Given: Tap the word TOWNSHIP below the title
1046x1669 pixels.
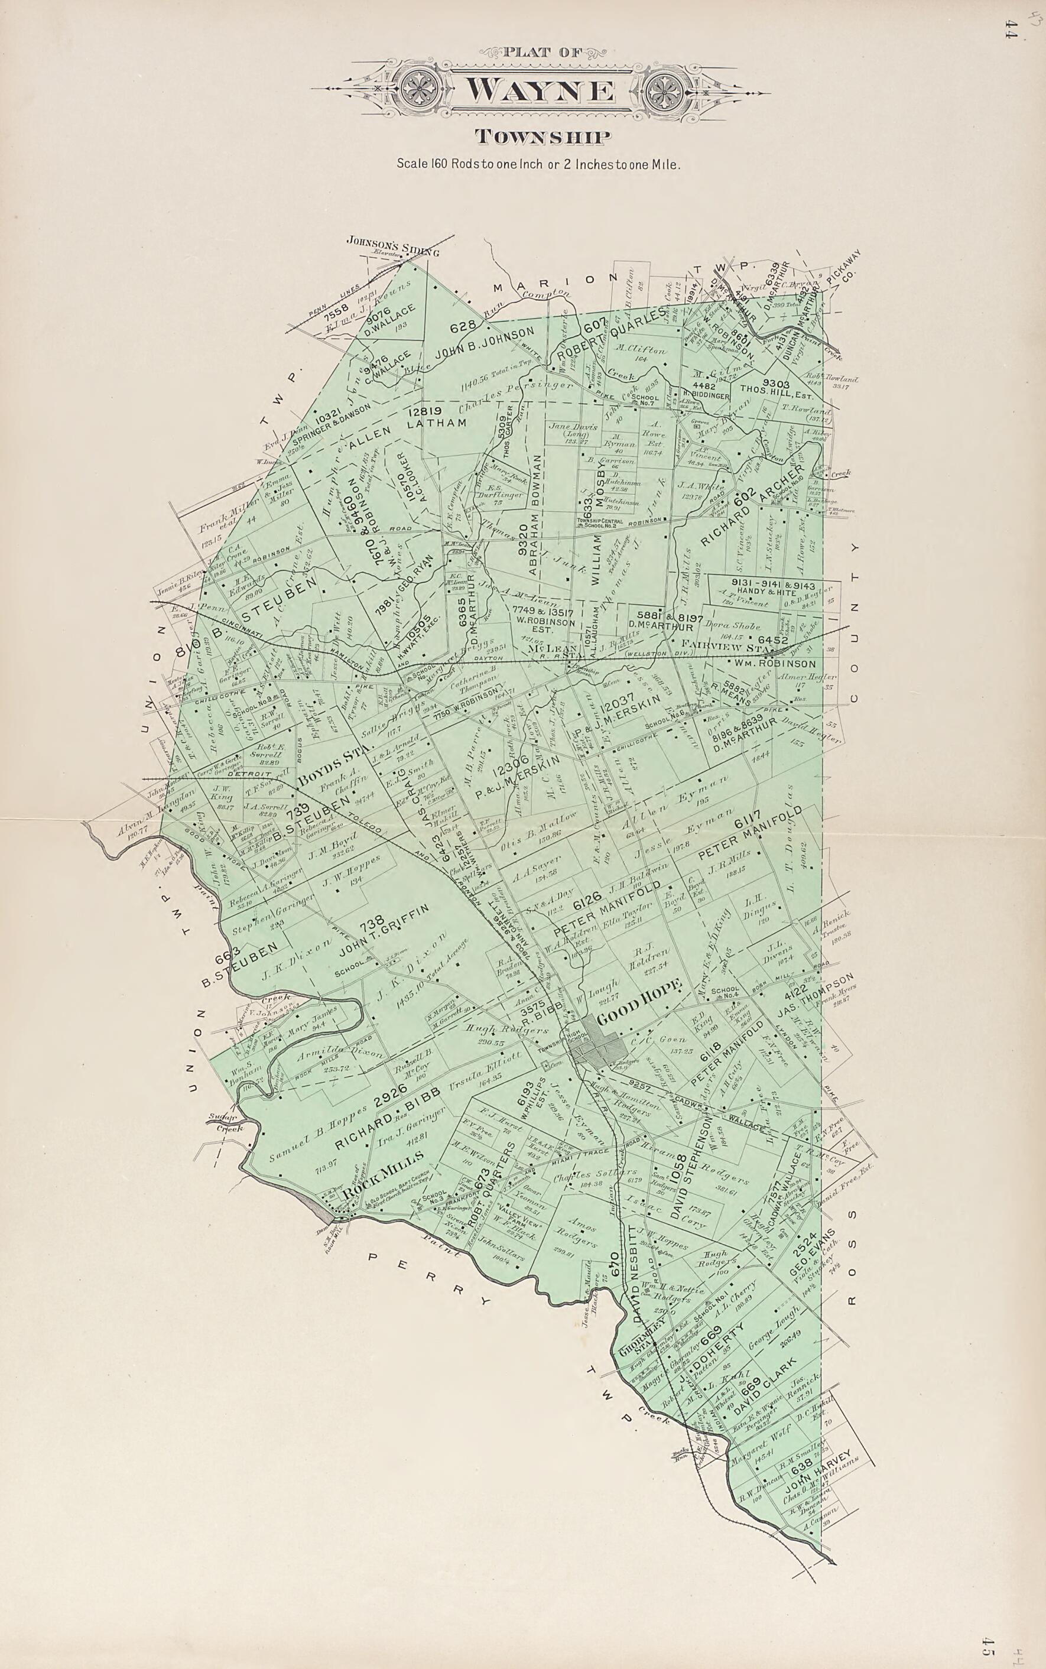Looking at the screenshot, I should tap(543, 138).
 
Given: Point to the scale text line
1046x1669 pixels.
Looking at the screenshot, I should tap(539, 165).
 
